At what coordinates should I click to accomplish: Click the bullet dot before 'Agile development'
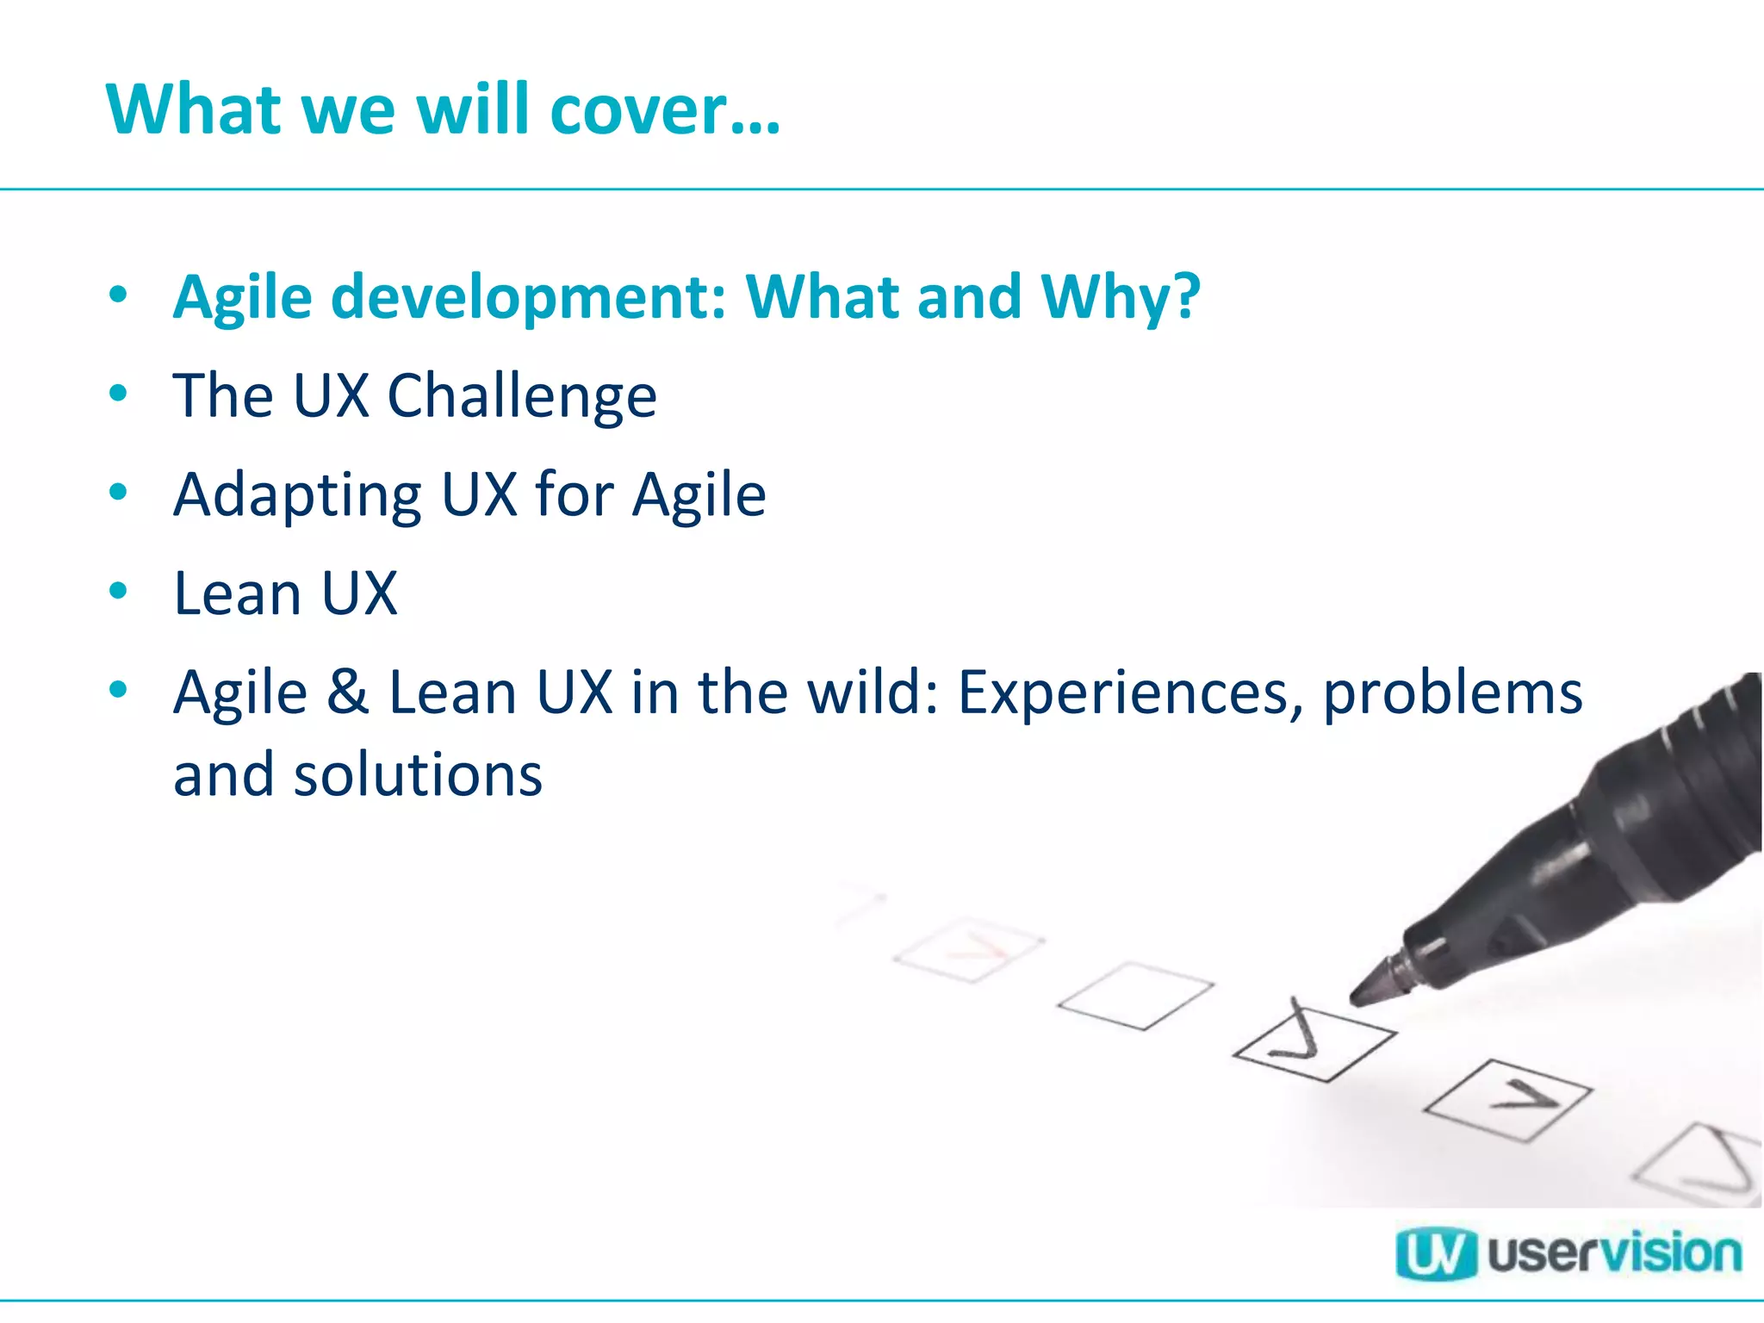point(119,295)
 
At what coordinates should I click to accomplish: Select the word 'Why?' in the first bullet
point(1120,297)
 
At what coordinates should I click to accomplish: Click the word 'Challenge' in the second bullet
point(522,397)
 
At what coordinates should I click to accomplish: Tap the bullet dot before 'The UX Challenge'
point(119,394)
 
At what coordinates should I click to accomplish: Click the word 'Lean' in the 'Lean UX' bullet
point(238,593)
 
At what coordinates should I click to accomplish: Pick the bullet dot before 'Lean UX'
point(119,591)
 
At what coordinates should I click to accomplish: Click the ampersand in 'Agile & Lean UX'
point(348,693)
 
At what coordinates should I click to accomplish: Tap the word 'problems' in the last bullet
point(1452,694)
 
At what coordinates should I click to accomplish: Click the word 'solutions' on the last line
point(419,775)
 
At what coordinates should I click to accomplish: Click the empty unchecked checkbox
point(1135,996)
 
